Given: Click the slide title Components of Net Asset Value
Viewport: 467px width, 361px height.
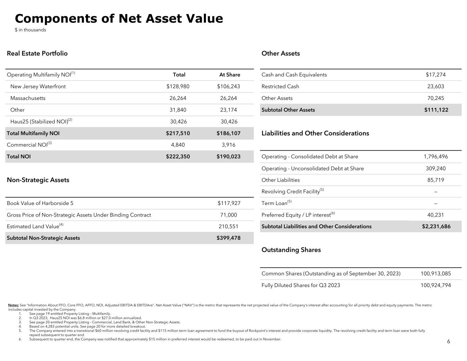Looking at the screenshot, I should (x=119, y=18).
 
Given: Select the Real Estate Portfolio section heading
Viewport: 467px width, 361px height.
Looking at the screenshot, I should (x=37, y=53).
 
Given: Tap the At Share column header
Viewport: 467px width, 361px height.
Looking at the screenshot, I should (x=230, y=75).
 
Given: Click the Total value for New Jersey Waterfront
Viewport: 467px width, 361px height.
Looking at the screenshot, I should (x=178, y=86).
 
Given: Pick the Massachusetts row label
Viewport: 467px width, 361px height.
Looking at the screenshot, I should (x=28, y=98).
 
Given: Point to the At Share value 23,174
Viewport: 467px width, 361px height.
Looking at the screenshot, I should (x=229, y=110).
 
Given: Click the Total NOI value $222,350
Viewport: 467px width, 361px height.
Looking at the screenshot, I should (x=178, y=156).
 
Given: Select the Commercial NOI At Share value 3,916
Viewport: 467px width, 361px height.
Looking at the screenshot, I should (x=229, y=145).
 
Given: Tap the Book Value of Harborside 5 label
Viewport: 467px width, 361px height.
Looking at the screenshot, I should (x=40, y=203).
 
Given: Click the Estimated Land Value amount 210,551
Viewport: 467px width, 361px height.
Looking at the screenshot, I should (x=229, y=227).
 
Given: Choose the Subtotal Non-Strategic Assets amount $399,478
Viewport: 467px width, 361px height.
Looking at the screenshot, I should (x=229, y=238).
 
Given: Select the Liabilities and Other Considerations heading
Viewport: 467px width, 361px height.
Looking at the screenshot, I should (x=315, y=133).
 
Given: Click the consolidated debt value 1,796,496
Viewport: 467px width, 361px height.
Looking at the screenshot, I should (x=436, y=157).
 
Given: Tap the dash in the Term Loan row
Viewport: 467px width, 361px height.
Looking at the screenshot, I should (x=436, y=204).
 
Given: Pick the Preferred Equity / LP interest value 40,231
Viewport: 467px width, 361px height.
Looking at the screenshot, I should (x=436, y=215).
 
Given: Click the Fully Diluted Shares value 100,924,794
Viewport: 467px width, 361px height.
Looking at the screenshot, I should (x=436, y=285).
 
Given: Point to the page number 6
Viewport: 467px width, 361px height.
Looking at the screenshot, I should (x=449, y=341).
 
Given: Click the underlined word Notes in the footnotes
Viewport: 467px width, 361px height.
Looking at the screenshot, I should (x=13, y=305).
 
